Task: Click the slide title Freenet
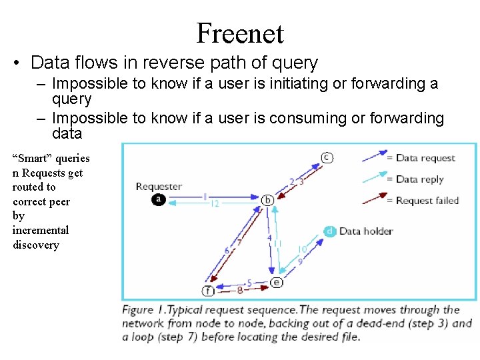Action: [240, 33]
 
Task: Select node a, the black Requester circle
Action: [158, 199]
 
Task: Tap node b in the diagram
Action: [268, 199]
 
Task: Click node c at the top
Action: [326, 157]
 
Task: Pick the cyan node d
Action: [330, 231]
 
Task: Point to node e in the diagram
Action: [277, 282]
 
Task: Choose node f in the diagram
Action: [208, 291]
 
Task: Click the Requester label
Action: [159, 186]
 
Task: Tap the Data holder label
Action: [366, 231]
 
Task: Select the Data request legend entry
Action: [425, 158]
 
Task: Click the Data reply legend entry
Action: [420, 179]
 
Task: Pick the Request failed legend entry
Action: [427, 200]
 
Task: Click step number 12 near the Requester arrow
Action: [214, 204]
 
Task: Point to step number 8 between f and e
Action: [239, 291]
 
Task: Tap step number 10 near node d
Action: [302, 249]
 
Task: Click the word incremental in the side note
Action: [41, 230]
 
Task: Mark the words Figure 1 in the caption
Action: [143, 310]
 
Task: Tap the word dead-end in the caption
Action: [357, 323]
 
